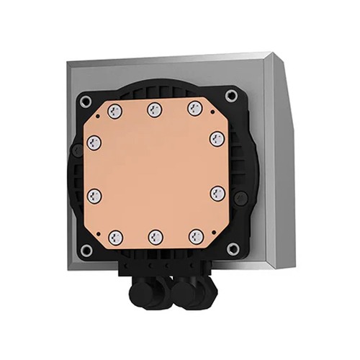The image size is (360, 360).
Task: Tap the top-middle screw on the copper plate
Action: click(153, 109)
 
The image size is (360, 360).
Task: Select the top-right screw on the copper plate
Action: click(192, 108)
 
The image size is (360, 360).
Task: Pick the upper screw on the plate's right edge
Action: click(215, 137)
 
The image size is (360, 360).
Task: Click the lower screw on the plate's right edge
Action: click(215, 192)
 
